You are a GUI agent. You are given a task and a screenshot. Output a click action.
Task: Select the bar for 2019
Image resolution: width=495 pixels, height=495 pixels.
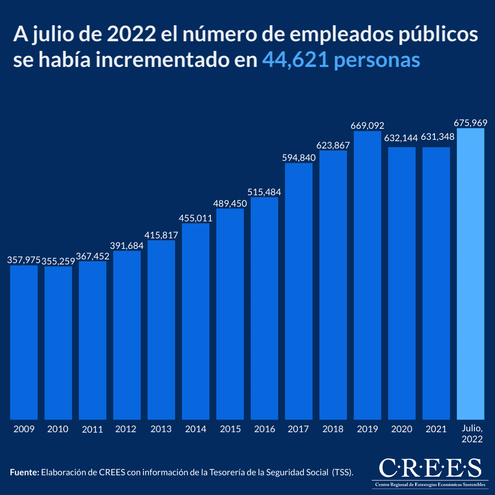pos(368,275)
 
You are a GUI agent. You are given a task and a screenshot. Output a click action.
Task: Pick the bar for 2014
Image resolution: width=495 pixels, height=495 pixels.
pos(196,321)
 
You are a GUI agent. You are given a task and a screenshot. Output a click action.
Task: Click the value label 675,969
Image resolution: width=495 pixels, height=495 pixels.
pos(470,123)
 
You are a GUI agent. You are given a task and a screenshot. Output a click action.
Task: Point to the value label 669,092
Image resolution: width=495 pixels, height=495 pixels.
pos(368,126)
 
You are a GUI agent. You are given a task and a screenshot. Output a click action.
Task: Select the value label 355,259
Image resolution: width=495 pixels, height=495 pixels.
pos(58,261)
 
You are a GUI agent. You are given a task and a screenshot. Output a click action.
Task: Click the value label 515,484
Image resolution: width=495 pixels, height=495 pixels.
pos(264,192)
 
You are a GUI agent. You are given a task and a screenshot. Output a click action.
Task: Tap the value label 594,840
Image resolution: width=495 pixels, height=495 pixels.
pos(299,158)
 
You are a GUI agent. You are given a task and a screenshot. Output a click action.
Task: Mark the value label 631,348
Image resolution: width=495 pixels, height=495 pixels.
pos(436,142)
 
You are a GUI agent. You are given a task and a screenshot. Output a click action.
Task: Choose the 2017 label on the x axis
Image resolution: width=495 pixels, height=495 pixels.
pos(299,429)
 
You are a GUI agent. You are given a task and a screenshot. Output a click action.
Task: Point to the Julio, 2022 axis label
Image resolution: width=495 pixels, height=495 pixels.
pos(471,434)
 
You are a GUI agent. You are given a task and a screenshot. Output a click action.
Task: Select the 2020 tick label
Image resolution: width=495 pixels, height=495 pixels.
pos(401,429)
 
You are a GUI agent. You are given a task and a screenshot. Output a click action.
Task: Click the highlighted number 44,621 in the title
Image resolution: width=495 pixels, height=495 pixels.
pos(295,60)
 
